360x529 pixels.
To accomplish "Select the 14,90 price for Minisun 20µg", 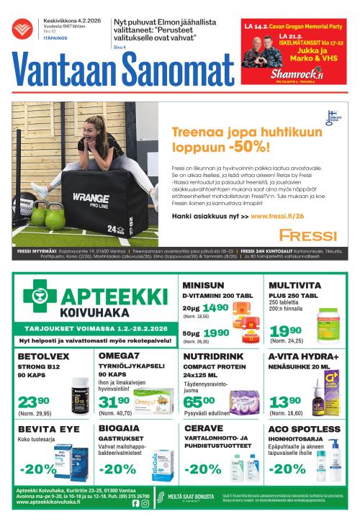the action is (214, 308).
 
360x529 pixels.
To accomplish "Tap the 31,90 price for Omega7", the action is (114, 401).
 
